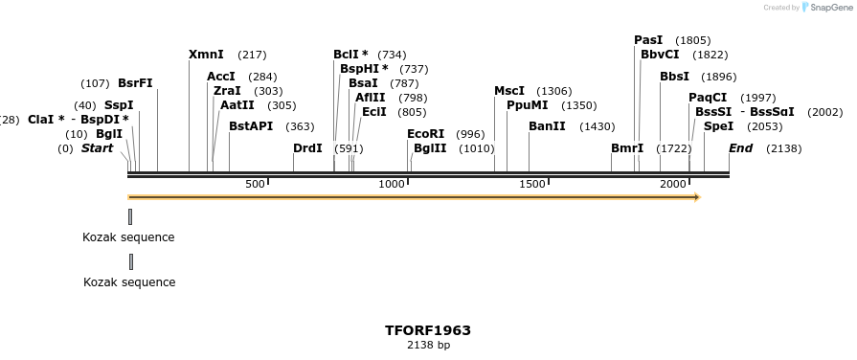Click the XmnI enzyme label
206,55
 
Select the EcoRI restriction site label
425,134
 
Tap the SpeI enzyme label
718,126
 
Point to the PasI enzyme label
648,40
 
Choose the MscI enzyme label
509,91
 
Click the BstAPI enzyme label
251,126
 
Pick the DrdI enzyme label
307,148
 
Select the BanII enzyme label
547,126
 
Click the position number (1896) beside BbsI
718,77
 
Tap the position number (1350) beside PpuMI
579,105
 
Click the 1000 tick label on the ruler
392,184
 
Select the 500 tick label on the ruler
255,184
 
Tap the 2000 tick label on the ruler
673,184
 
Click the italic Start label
97,148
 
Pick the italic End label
740,148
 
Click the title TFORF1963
428,330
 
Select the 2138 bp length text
428,345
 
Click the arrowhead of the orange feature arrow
697,197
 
